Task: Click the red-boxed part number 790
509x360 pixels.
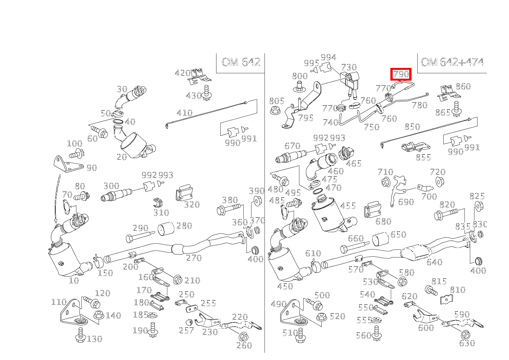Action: tap(401, 74)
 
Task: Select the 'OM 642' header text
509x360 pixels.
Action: tap(241, 62)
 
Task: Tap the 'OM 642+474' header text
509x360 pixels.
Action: tap(452, 62)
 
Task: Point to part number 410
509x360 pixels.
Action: tap(185, 113)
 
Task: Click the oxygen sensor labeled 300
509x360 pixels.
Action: tap(116, 195)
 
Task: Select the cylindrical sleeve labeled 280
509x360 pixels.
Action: tap(166, 229)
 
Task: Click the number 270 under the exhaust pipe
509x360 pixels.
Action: tap(193, 258)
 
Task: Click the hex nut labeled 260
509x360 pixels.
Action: tap(243, 336)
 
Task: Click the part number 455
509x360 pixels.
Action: tap(348, 206)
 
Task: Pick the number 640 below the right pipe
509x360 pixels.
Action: tap(434, 263)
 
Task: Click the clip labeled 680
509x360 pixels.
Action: tap(372, 209)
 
